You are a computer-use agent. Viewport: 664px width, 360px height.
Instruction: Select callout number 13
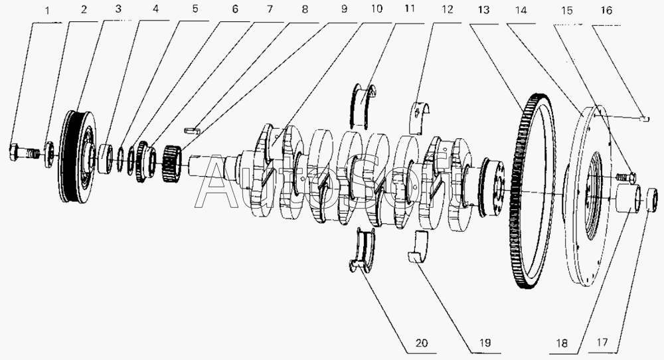point(483,10)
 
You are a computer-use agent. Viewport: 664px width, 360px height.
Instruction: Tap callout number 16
point(606,11)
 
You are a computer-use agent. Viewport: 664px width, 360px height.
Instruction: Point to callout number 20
point(422,343)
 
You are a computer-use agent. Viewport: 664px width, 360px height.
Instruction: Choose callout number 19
point(485,343)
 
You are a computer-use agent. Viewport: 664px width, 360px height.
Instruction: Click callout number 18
point(562,343)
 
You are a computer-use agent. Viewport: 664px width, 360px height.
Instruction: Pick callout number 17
point(602,342)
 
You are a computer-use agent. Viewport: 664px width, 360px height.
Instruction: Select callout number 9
point(344,9)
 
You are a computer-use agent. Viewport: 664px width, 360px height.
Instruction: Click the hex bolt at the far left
point(24,153)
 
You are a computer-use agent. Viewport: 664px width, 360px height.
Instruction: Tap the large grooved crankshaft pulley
point(78,156)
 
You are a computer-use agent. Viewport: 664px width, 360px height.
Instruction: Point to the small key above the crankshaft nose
point(193,130)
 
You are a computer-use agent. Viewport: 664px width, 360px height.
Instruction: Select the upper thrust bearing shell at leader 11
point(363,106)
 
